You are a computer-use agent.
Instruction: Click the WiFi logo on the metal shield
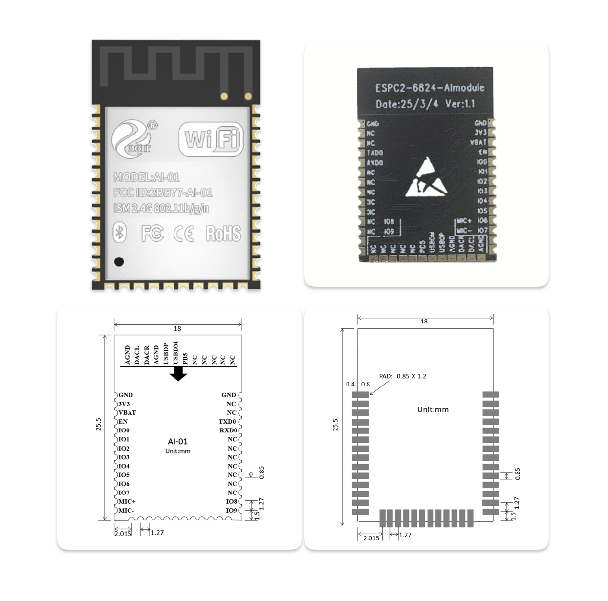point(211,140)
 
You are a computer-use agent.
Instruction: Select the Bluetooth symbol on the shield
point(120,233)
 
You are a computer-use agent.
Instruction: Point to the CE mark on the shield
point(184,234)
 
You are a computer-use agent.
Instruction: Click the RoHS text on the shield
point(223,234)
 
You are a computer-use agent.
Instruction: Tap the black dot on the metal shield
point(119,261)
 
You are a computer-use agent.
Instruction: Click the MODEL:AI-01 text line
point(147,177)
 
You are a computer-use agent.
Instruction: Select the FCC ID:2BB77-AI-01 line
point(163,193)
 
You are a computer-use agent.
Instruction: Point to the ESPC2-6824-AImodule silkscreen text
point(430,88)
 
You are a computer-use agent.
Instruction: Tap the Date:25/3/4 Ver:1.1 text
point(425,104)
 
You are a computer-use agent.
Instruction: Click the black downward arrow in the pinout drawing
point(178,374)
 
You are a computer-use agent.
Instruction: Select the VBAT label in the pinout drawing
point(127,412)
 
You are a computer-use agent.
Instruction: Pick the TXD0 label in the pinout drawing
point(227,421)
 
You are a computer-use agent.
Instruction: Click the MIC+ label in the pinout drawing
point(127,501)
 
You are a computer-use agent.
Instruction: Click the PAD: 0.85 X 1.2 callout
point(402,376)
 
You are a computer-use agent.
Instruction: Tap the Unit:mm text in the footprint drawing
point(433,409)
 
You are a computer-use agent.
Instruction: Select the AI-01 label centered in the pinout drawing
point(177,441)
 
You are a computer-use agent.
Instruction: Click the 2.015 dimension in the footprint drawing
point(371,538)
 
